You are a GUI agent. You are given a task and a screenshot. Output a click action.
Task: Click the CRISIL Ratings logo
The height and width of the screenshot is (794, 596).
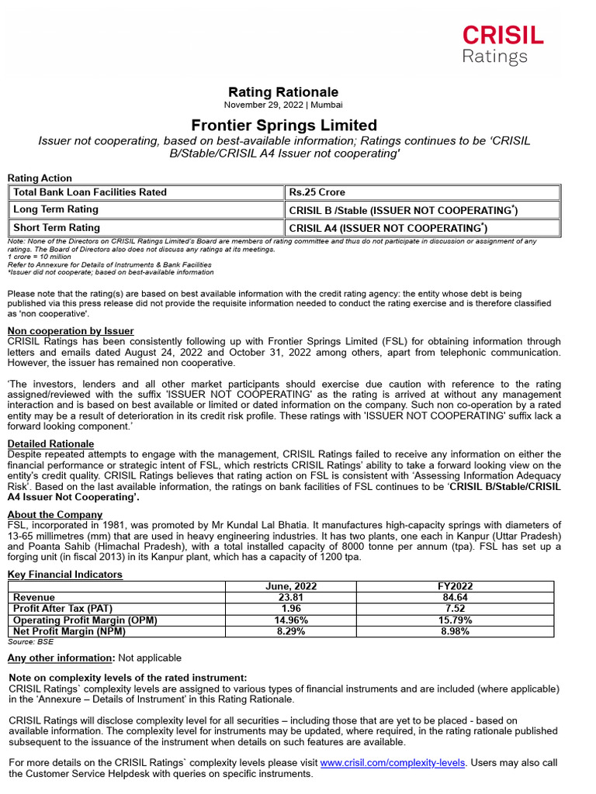(x=502, y=44)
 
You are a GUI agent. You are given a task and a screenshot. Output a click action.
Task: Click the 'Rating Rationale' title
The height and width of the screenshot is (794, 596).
(x=283, y=92)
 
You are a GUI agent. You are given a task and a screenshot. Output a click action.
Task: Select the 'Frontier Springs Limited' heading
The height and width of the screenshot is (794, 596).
(x=284, y=125)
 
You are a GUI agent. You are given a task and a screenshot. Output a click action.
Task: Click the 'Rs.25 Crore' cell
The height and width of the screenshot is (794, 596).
(x=317, y=192)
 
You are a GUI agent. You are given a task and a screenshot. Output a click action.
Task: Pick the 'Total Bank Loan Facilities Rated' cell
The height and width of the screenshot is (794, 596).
(x=90, y=192)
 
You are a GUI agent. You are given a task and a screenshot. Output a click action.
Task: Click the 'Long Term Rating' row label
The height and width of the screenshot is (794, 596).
(x=56, y=209)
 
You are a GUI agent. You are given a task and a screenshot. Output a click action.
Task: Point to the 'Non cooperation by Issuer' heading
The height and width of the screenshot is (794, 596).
(x=71, y=331)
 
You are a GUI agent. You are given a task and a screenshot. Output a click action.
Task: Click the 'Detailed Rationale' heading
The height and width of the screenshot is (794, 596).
(x=50, y=444)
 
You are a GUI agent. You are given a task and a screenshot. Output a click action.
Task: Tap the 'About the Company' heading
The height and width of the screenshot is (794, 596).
(x=55, y=515)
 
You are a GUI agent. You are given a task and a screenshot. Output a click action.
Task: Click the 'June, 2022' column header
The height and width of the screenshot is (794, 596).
(x=280, y=587)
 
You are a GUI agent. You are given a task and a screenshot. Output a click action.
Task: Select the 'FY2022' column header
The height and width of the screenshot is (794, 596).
(x=456, y=587)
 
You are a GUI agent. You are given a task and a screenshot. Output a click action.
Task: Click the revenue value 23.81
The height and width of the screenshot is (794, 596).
(x=280, y=598)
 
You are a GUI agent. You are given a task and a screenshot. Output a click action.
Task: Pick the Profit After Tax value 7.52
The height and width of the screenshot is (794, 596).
(x=456, y=609)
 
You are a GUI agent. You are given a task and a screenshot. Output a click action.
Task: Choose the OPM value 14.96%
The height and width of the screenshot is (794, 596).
(x=280, y=620)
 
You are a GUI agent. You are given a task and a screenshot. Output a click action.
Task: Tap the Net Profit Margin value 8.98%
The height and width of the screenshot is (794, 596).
(x=456, y=631)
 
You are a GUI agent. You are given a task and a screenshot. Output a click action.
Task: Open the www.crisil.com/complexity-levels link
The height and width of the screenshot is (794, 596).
(x=392, y=763)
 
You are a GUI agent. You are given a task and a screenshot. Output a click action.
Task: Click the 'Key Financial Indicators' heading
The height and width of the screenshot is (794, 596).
(x=65, y=575)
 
